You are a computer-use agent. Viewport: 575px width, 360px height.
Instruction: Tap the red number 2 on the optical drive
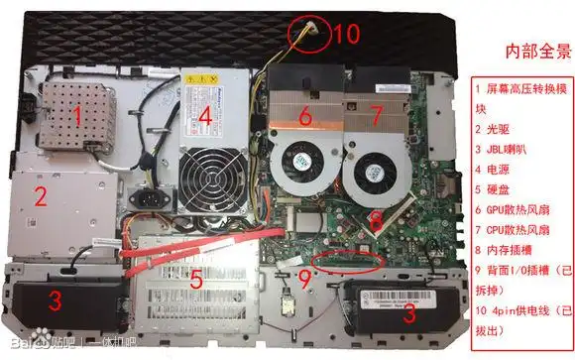point(41,195)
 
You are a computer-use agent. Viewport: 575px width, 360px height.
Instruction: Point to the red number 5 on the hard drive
point(195,281)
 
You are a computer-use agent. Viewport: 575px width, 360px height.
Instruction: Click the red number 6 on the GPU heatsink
point(305,117)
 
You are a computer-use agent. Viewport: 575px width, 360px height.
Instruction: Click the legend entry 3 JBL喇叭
point(505,150)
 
